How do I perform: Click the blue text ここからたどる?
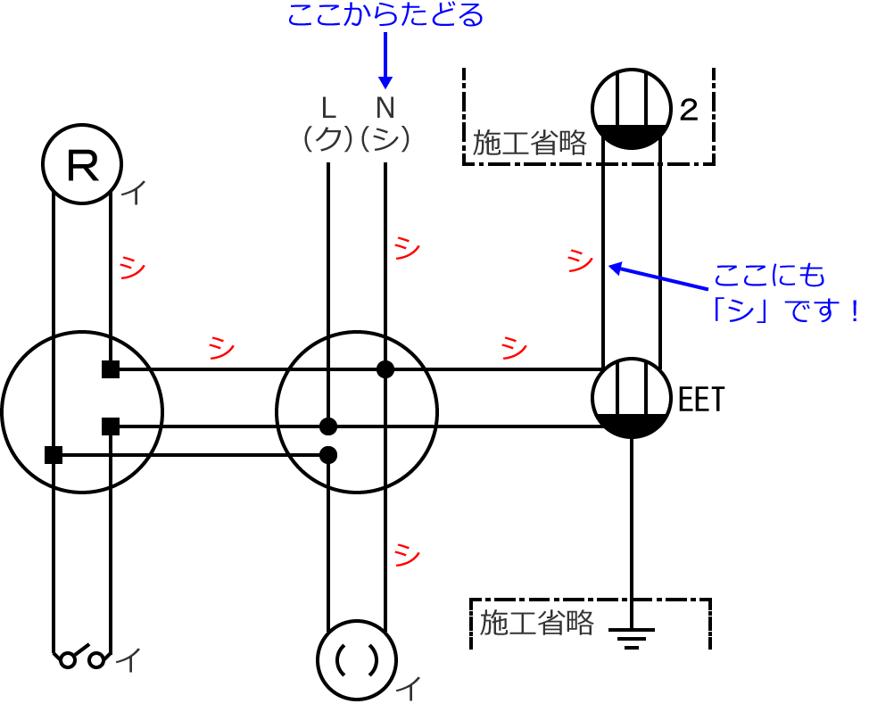385,14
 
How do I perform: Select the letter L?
329,108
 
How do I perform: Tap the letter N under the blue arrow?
385,108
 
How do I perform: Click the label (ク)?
329,139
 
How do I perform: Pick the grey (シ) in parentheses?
385,139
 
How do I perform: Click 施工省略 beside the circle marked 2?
529,143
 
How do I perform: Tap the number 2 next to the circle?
688,111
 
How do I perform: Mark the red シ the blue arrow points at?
580,261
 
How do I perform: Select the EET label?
702,400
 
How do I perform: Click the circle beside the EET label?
631,399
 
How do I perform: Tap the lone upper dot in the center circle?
385,368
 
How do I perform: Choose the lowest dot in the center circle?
327,454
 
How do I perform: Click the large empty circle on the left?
82,411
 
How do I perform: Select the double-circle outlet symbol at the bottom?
357,658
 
